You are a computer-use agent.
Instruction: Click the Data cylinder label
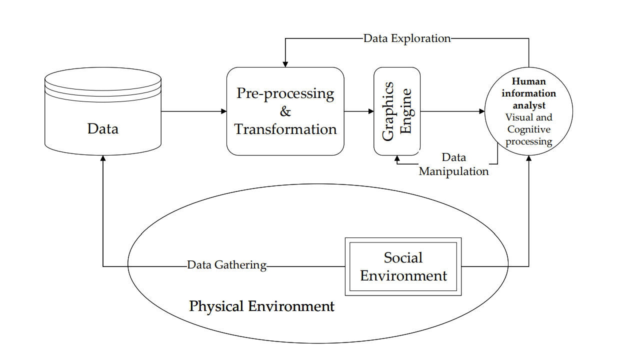click(x=103, y=129)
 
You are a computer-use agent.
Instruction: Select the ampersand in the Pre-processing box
click(x=285, y=111)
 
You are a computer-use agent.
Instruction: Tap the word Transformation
click(x=285, y=129)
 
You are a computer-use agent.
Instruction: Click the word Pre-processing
click(x=285, y=93)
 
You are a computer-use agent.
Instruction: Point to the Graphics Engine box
click(x=397, y=111)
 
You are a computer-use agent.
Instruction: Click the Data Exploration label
click(x=407, y=38)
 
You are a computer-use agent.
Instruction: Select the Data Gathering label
click(x=226, y=265)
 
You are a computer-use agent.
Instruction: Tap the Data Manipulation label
click(x=453, y=165)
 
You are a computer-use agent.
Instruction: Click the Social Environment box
click(x=403, y=266)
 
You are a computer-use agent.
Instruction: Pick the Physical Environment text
click(x=261, y=306)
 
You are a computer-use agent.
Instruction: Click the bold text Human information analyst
click(x=528, y=93)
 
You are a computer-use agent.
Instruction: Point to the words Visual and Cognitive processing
click(x=528, y=129)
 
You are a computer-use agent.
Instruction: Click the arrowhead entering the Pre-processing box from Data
click(x=224, y=111)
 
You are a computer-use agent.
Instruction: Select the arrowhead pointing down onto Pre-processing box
click(x=285, y=64)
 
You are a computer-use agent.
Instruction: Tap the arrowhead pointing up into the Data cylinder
click(x=103, y=158)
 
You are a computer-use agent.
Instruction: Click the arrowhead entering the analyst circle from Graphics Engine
click(x=482, y=111)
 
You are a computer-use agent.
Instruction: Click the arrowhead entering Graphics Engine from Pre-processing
click(x=371, y=111)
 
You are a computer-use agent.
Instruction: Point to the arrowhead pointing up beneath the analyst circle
click(x=528, y=157)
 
